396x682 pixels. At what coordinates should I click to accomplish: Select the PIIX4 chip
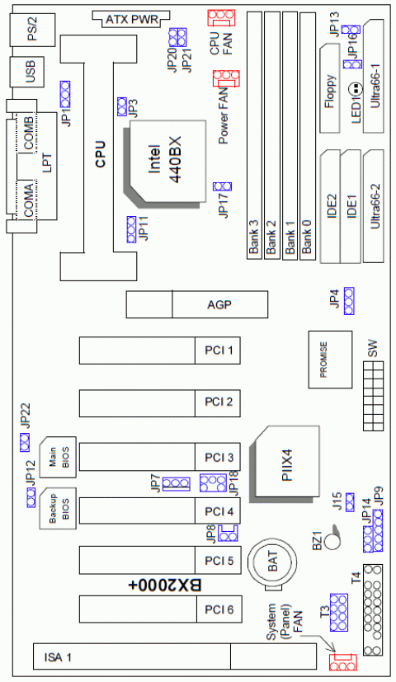tap(286, 461)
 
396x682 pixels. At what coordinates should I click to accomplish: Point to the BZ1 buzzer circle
tap(332, 541)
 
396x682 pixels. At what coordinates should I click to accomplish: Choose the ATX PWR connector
tap(131, 18)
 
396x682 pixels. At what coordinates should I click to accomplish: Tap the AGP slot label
tap(219, 305)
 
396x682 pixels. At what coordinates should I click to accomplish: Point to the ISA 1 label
tap(59, 656)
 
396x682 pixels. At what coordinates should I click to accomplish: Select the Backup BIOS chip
tap(58, 509)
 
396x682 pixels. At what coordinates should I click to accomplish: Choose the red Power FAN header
tap(226, 79)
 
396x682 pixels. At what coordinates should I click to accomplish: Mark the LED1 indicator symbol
tap(355, 88)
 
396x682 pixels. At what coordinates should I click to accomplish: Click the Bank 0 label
tap(308, 244)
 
